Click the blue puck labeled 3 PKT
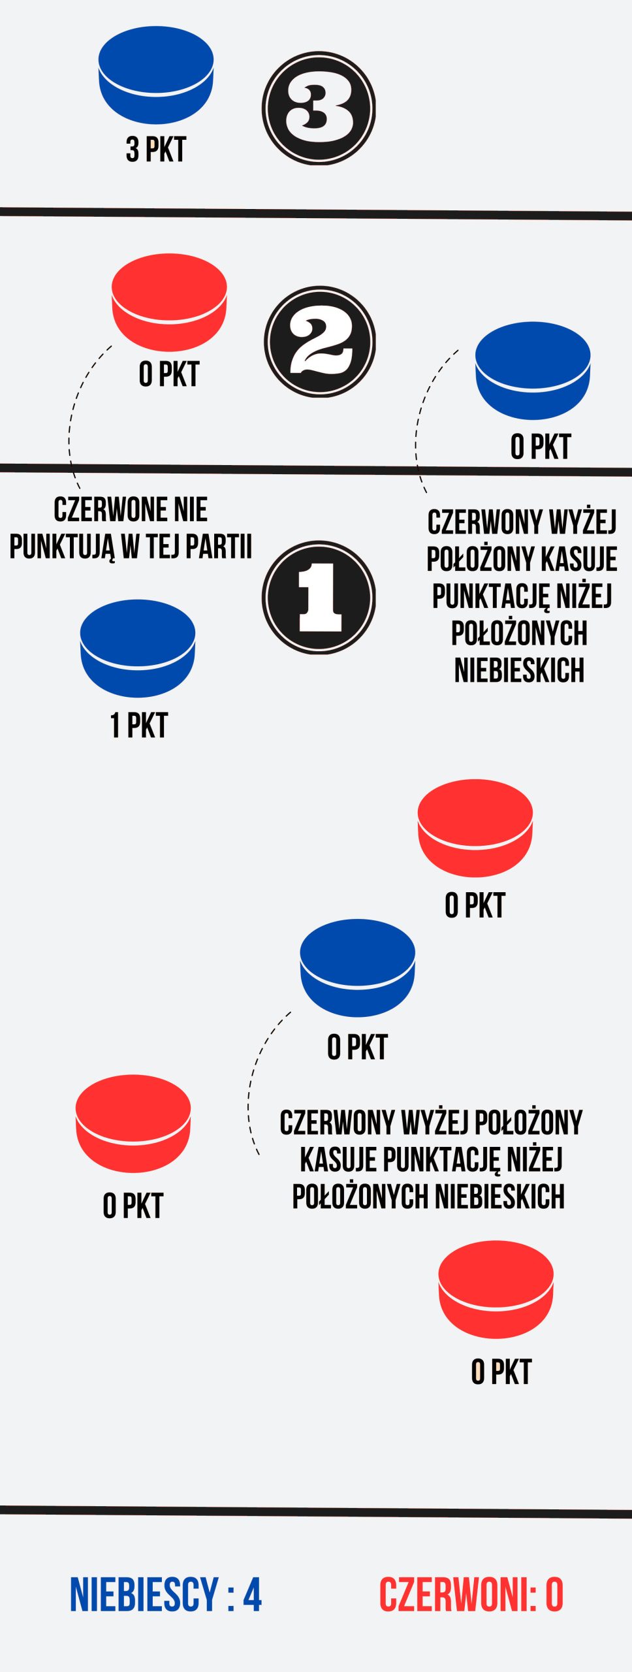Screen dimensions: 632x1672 click(x=156, y=74)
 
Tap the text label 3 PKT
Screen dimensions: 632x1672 click(x=156, y=150)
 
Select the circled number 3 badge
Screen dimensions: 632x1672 click(x=319, y=108)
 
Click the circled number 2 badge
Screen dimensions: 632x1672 click(x=320, y=342)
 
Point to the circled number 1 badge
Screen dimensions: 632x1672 click(x=319, y=597)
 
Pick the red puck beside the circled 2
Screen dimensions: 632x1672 click(x=169, y=302)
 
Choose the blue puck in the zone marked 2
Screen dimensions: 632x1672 click(x=533, y=370)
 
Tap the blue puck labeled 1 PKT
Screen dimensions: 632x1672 click(x=138, y=649)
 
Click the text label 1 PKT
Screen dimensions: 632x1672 click(x=139, y=726)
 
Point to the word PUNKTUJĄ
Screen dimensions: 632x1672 click(x=62, y=548)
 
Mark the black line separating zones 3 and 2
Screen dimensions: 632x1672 click(x=316, y=214)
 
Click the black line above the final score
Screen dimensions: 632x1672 click(x=316, y=1511)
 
